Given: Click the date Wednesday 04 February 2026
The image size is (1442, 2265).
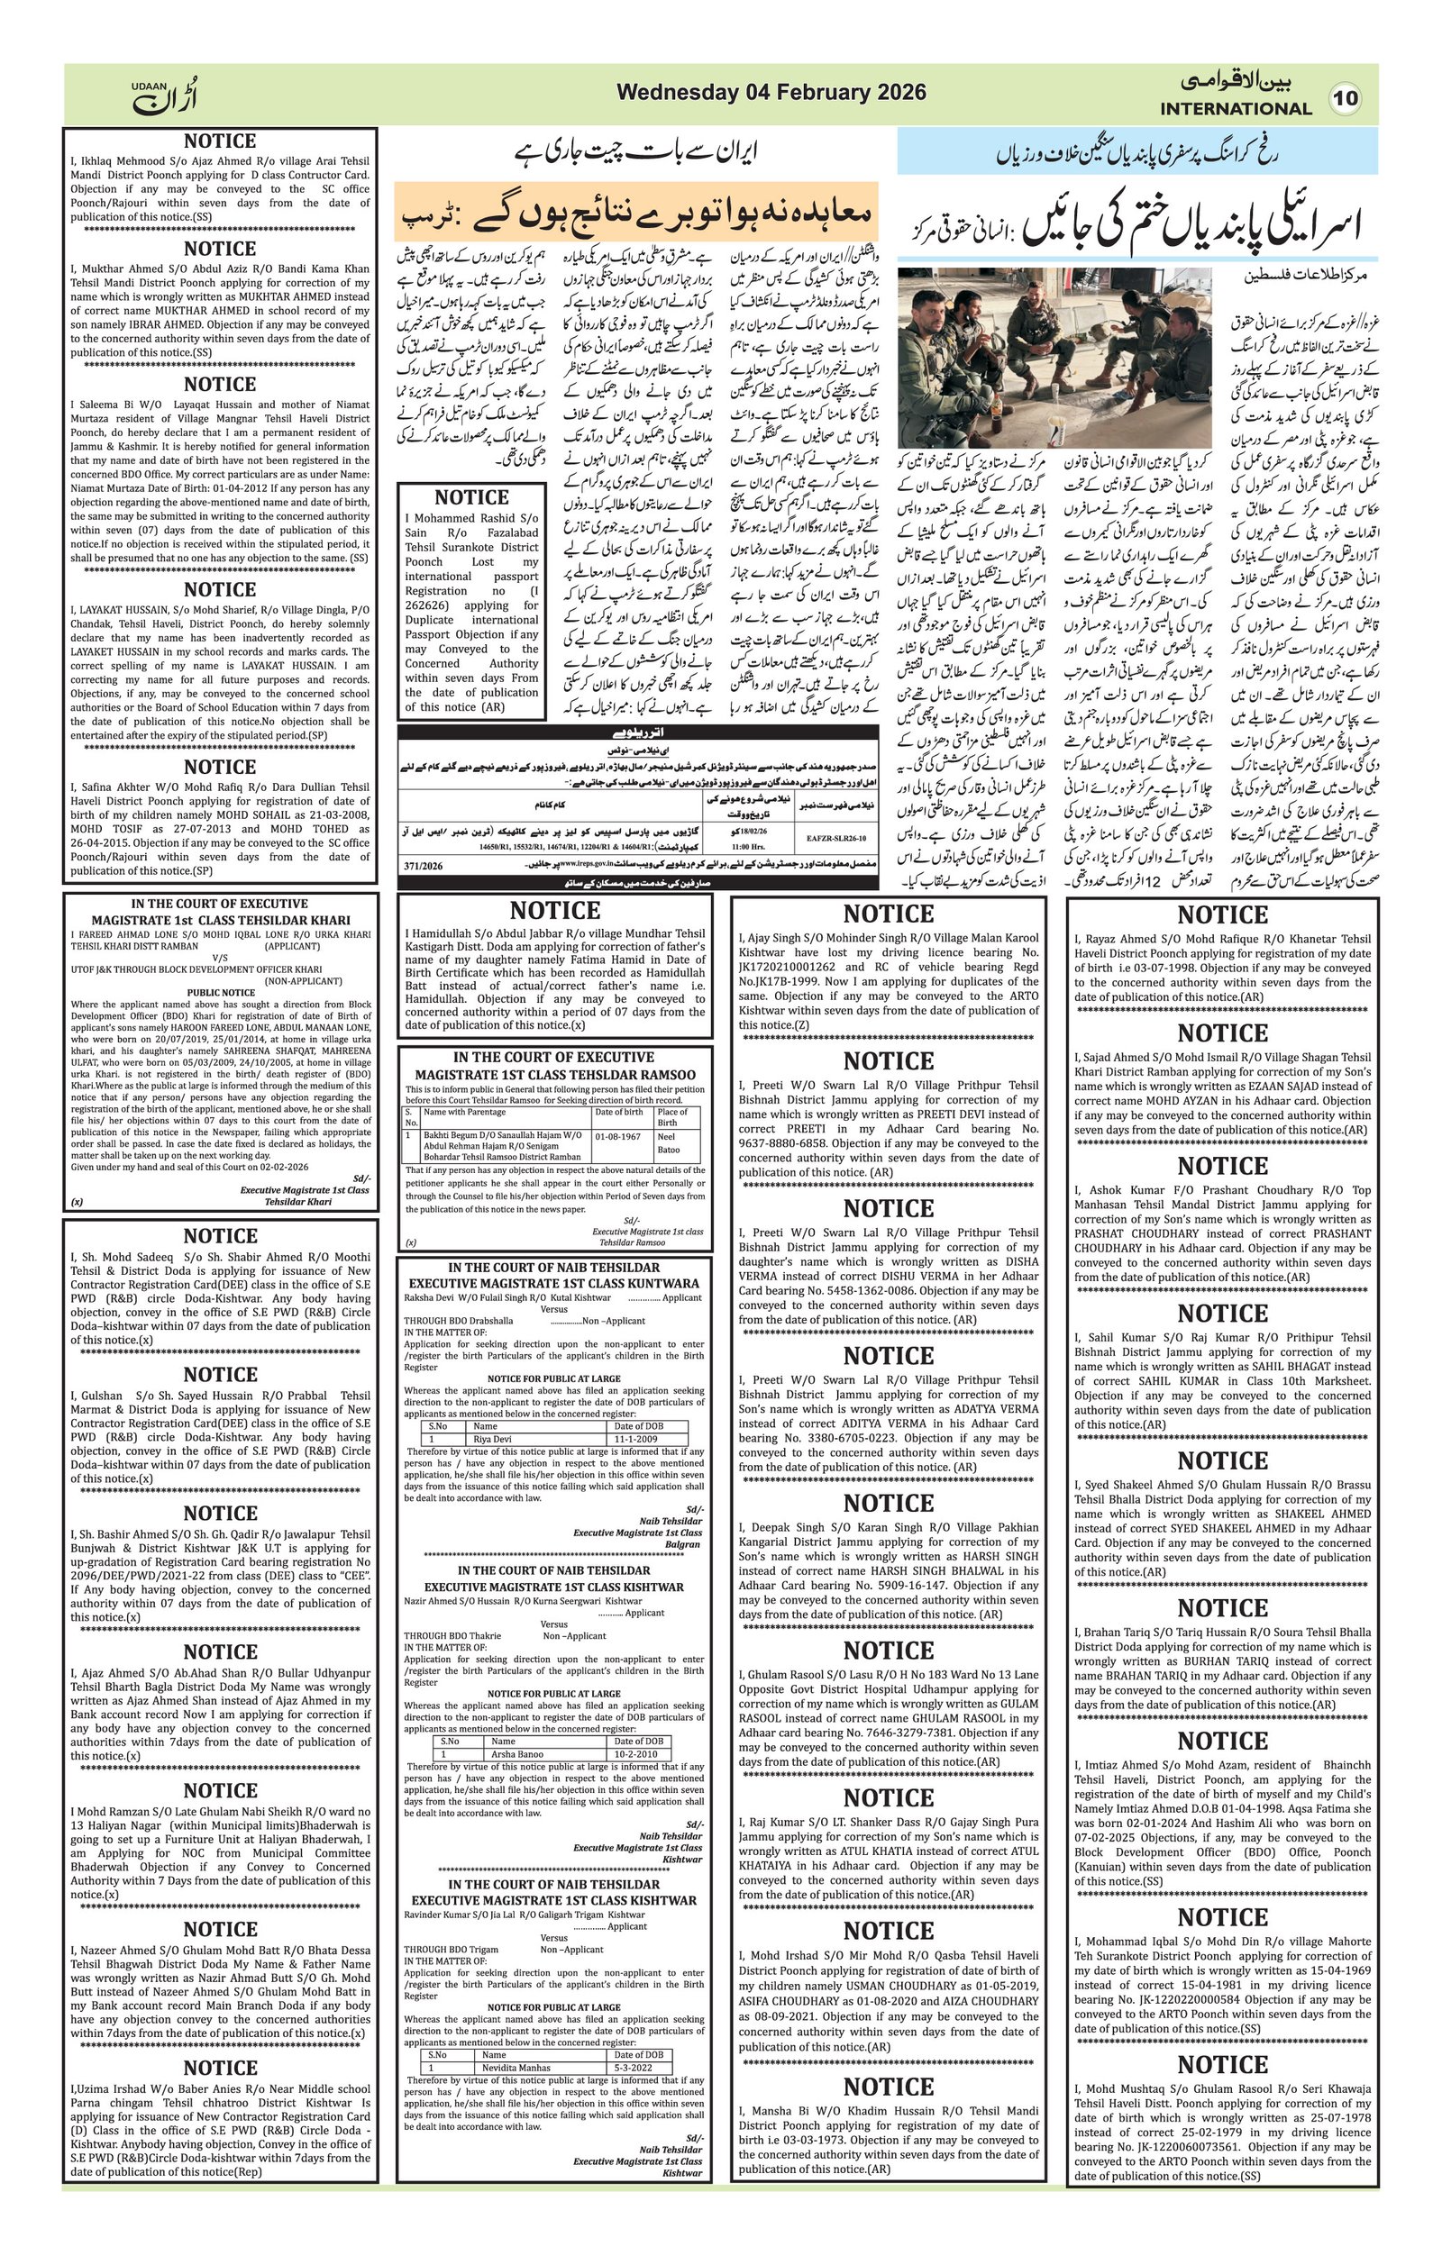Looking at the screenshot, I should click(771, 92).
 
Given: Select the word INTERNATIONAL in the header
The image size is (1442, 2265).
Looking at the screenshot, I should click(1235, 108).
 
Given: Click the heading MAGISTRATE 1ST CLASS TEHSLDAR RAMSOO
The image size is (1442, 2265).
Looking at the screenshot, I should click(555, 1074).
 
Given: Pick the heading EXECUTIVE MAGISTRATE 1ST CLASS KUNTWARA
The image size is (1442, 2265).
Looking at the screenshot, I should click(553, 1283).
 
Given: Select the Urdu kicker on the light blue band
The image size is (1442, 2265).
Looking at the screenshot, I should click(1136, 153).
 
